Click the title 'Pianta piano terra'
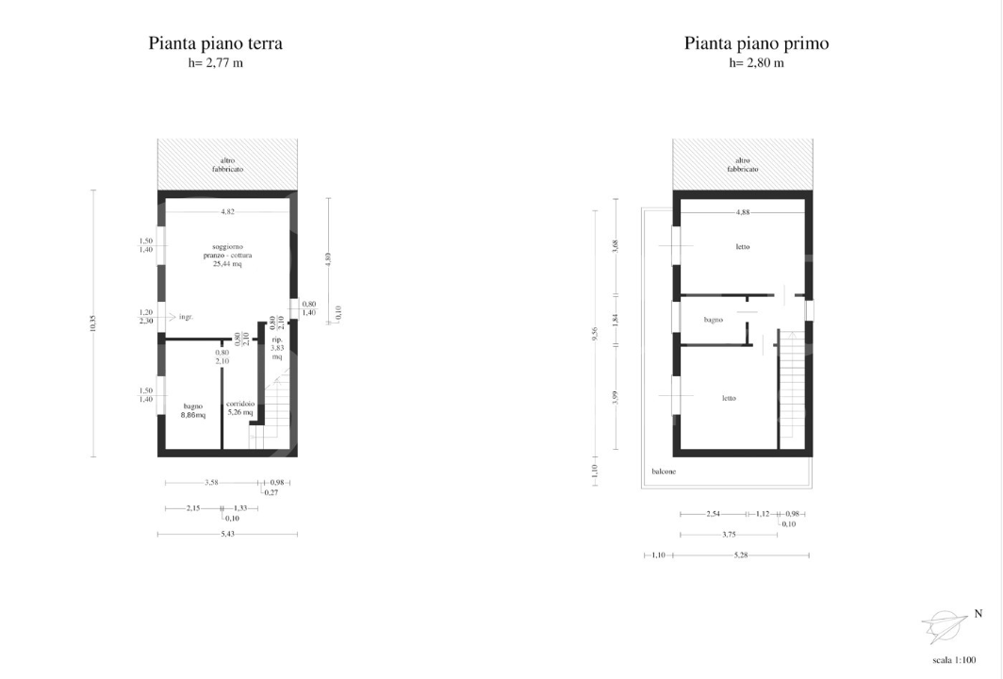point(215,43)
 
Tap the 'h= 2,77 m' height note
point(215,63)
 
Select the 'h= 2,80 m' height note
point(756,63)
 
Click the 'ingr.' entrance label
point(186,317)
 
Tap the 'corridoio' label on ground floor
point(239,405)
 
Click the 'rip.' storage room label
point(277,339)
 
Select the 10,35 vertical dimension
point(93,323)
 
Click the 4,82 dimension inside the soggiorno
point(227,212)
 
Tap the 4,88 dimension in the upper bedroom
point(743,212)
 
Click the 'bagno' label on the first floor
point(714,320)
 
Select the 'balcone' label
point(664,471)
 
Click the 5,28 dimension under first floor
point(742,555)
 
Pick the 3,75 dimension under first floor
point(729,535)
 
